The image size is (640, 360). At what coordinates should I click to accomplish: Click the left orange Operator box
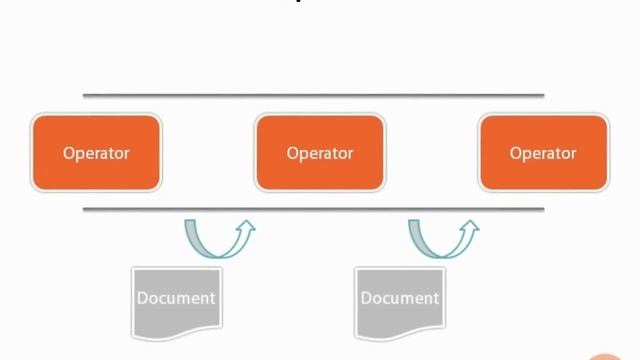click(x=96, y=153)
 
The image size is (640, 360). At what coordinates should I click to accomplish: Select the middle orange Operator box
click(x=320, y=153)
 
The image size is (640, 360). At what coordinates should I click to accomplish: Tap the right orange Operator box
click(x=544, y=153)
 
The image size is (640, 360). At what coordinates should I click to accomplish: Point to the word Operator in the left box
click(x=96, y=153)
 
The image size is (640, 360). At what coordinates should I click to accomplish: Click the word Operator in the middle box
click(x=320, y=153)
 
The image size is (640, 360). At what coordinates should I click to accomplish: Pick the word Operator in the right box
click(x=544, y=153)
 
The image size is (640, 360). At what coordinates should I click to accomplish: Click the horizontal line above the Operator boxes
click(x=313, y=96)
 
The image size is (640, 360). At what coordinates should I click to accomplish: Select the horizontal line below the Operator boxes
click(x=313, y=209)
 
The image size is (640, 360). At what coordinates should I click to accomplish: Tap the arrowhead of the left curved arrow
click(x=246, y=227)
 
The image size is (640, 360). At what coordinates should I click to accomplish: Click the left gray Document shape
click(x=176, y=300)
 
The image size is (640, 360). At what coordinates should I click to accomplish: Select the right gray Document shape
click(x=400, y=300)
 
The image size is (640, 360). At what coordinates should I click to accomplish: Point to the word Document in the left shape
click(x=176, y=298)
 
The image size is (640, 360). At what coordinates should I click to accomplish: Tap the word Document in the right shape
click(x=400, y=298)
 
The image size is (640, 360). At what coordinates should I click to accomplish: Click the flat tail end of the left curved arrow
click(x=192, y=222)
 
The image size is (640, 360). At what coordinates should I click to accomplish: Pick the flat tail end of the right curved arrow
click(x=416, y=222)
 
